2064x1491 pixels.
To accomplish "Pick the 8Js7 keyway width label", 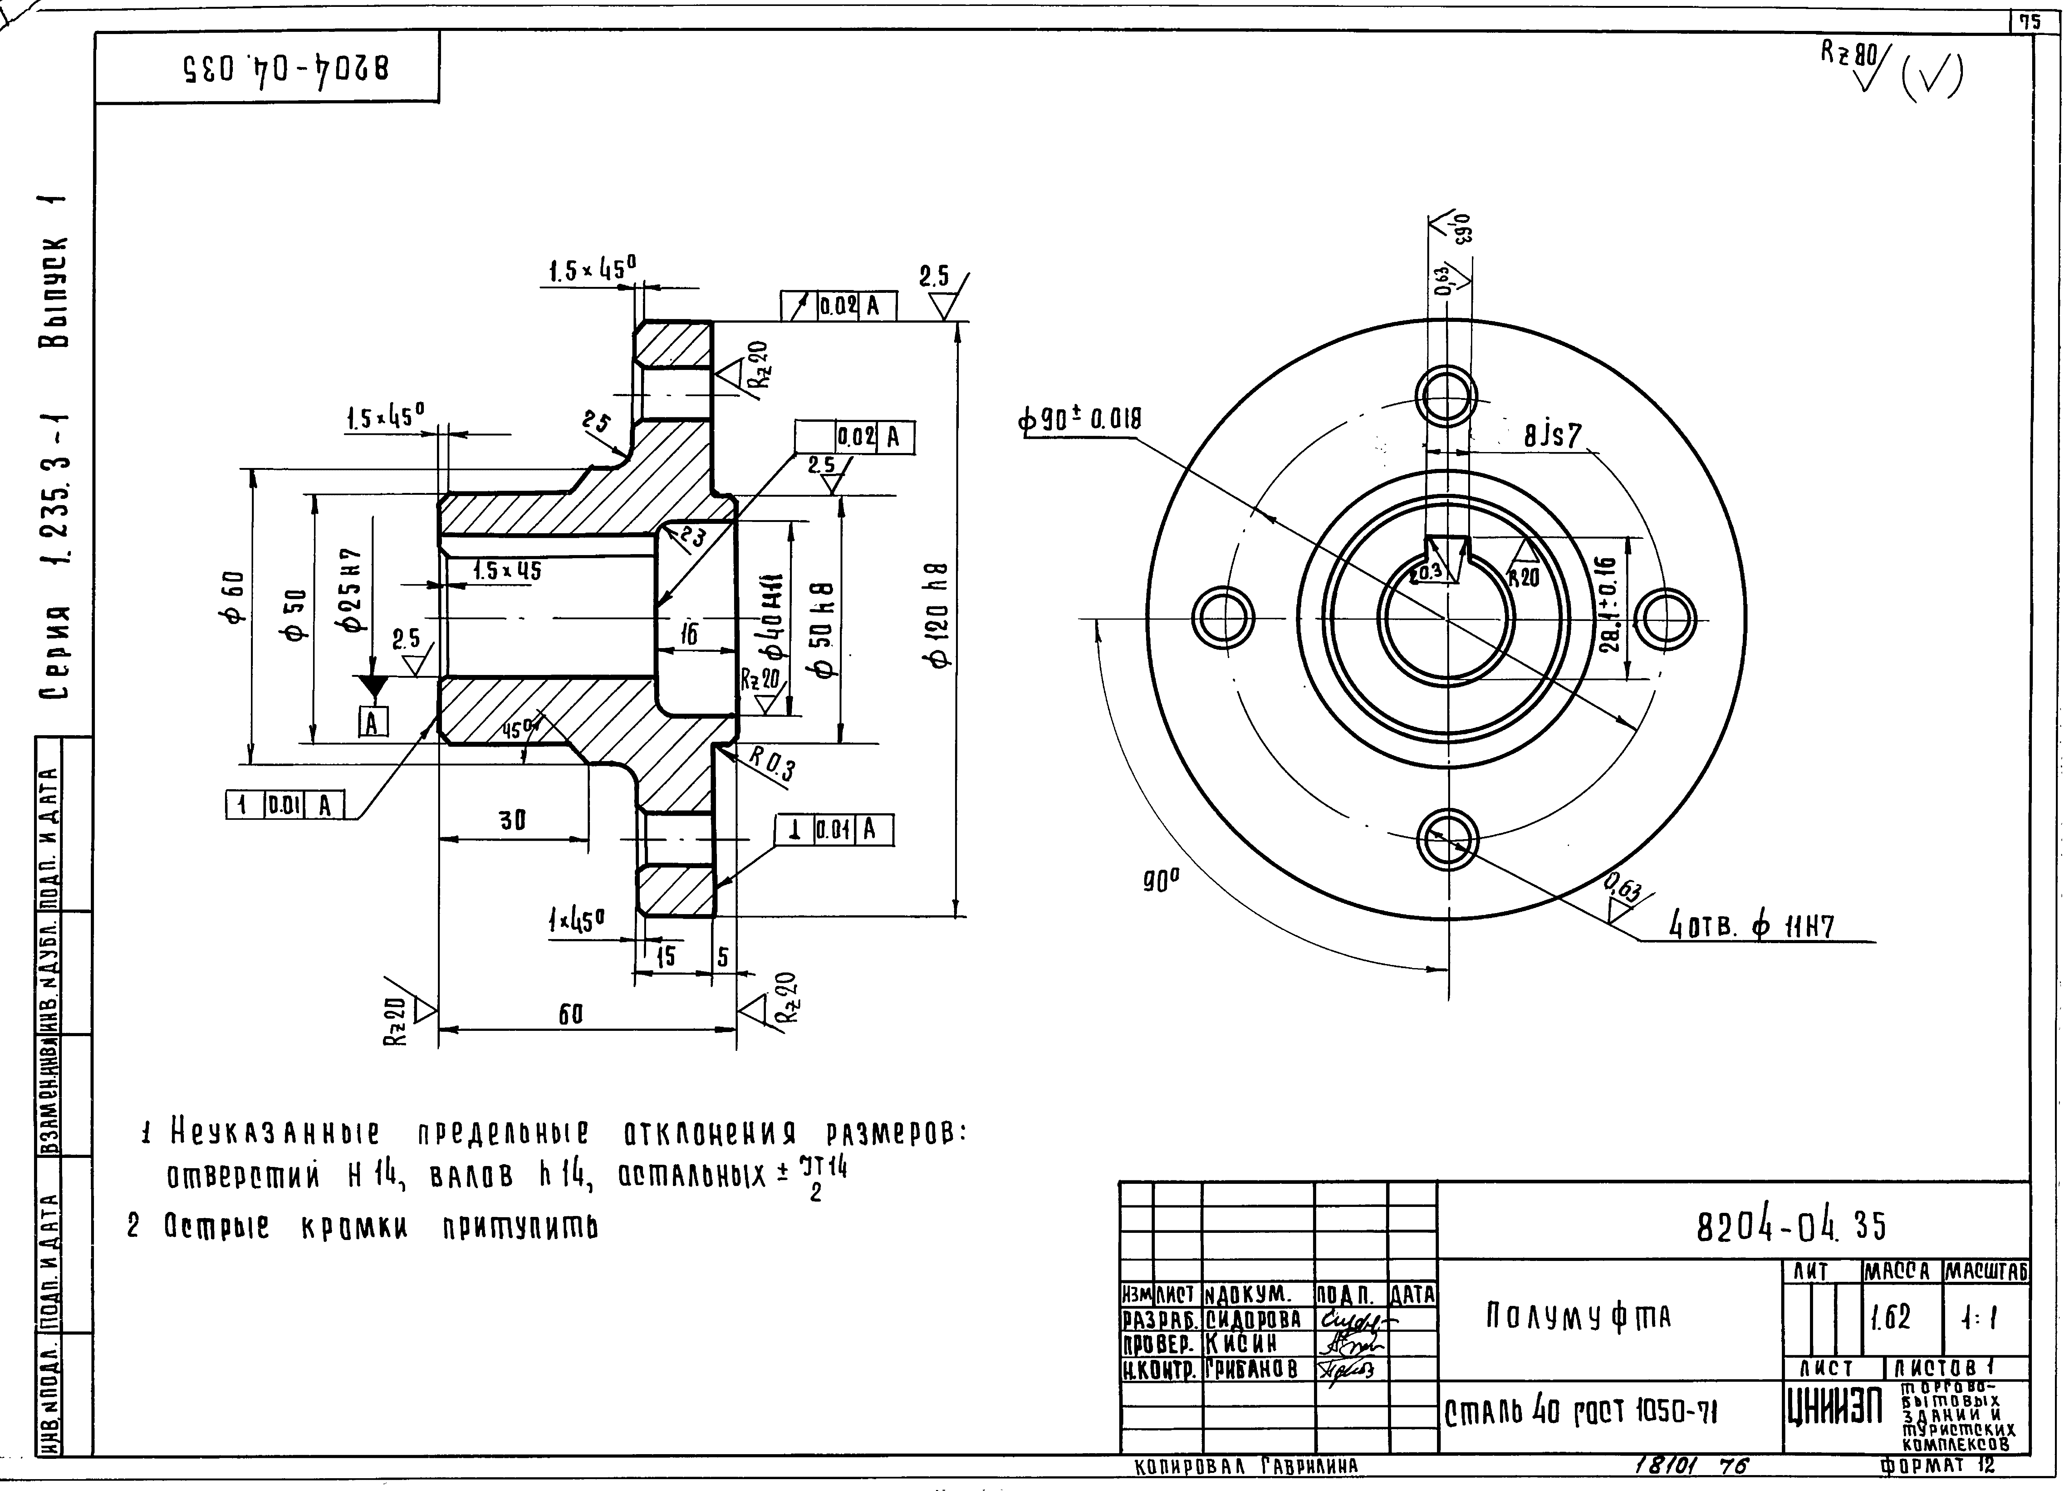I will pyautogui.click(x=1553, y=437).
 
